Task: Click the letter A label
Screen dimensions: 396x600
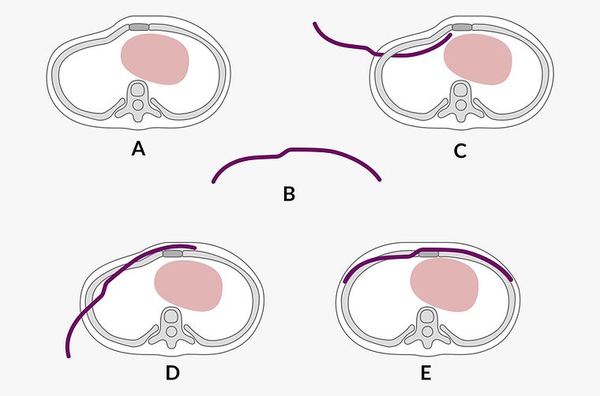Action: (138, 148)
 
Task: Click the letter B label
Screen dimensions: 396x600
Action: (289, 192)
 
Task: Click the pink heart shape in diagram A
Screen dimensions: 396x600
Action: (155, 59)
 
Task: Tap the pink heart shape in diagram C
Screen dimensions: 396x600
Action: (476, 60)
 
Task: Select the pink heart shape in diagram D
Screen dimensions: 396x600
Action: (188, 285)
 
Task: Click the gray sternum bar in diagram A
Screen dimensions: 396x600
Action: (138, 28)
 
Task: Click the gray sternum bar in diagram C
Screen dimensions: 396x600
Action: (461, 28)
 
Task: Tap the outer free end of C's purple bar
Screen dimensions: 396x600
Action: (314, 23)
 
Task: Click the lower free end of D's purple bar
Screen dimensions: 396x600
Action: (69, 357)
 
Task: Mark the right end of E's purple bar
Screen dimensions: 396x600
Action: (513, 279)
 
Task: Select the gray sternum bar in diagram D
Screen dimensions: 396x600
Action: (172, 253)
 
